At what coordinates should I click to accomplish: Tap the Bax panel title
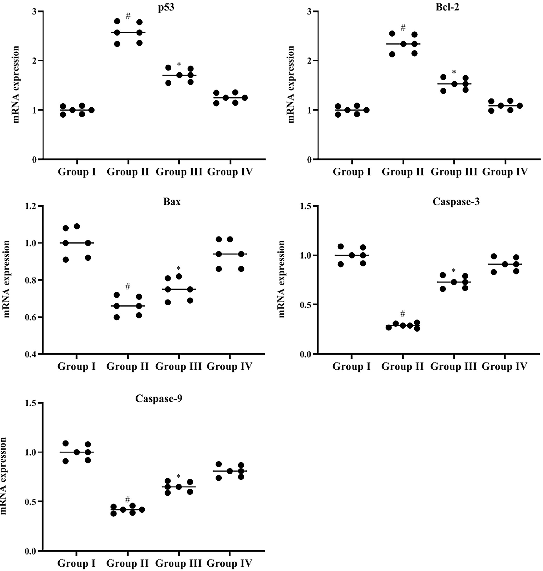click(172, 201)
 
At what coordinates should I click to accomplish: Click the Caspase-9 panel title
click(159, 399)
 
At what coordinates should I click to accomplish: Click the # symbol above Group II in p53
click(128, 16)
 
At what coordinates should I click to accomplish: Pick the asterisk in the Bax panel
click(179, 268)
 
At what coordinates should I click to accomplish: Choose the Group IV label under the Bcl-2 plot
click(505, 172)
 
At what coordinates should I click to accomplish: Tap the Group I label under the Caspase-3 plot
click(351, 366)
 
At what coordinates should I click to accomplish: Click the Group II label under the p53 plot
click(128, 172)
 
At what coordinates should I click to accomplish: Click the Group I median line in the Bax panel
click(77, 243)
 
